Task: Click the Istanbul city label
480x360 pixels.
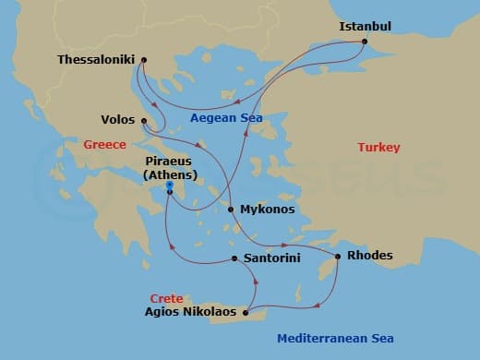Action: (x=366, y=26)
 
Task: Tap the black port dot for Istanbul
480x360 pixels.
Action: (x=365, y=42)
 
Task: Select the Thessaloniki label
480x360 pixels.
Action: (x=97, y=60)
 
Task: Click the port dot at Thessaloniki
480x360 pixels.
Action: (x=144, y=60)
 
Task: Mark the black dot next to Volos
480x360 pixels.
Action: (x=144, y=120)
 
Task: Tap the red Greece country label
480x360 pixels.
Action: (x=104, y=145)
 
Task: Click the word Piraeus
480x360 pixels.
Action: (x=170, y=162)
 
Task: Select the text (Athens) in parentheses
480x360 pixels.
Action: (x=170, y=175)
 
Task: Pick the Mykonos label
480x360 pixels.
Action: (x=267, y=210)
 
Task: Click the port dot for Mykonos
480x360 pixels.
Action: (x=230, y=210)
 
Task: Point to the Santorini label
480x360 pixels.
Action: (x=270, y=259)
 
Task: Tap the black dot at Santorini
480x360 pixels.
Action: (x=235, y=258)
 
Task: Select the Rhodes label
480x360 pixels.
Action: (x=369, y=256)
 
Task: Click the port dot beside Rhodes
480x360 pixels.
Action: (x=339, y=256)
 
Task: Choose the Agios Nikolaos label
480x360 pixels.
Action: (x=189, y=313)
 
